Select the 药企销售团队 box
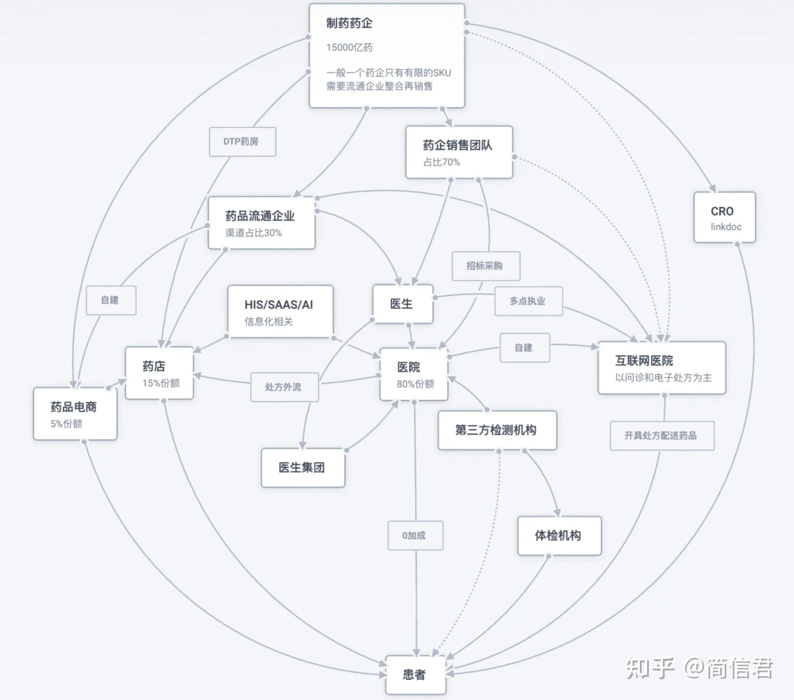pyautogui.click(x=459, y=152)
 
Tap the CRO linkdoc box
pyautogui.click(x=724, y=217)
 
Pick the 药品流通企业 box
pyautogui.click(x=261, y=222)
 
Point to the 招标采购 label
pyautogui.click(x=486, y=266)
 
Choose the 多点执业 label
pyautogui.click(x=528, y=301)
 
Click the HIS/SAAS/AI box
pyautogui.click(x=280, y=311)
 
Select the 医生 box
pyautogui.click(x=402, y=304)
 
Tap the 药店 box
pyautogui.click(x=159, y=373)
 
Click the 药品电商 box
pyautogui.click(x=75, y=414)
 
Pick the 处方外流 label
pyautogui.click(x=284, y=387)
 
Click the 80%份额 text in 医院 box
pyautogui.click(x=415, y=384)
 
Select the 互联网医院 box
pyautogui.click(x=661, y=368)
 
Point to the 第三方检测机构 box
pyautogui.click(x=497, y=430)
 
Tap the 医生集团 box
pyautogui.click(x=303, y=468)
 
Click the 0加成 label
pyautogui.click(x=415, y=535)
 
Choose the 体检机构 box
pyautogui.click(x=559, y=536)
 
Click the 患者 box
pyautogui.click(x=415, y=675)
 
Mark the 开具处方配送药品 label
pyautogui.click(x=662, y=436)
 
